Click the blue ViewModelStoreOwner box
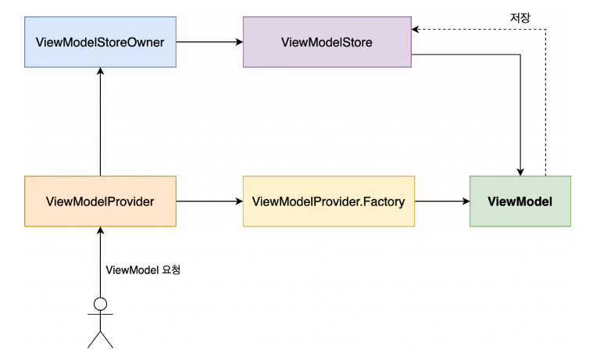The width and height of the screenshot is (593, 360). pyautogui.click(x=100, y=41)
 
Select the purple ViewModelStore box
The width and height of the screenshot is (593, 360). pyautogui.click(x=327, y=41)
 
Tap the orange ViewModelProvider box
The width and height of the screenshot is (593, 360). pyautogui.click(x=100, y=201)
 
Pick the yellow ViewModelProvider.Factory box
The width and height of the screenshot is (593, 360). pyautogui.click(x=328, y=201)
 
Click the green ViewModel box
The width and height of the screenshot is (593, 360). pyautogui.click(x=520, y=201)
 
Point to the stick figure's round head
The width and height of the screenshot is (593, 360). pyautogui.click(x=100, y=304)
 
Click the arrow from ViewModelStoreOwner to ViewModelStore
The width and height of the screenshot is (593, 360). pyautogui.click(x=209, y=41)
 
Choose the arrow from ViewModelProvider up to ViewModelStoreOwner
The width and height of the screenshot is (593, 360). pyautogui.click(x=100, y=121)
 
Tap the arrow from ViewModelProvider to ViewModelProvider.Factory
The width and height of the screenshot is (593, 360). pyautogui.click(x=209, y=201)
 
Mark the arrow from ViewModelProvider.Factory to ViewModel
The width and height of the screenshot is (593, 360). pyautogui.click(x=441, y=201)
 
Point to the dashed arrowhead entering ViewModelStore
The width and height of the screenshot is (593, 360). pyautogui.click(x=417, y=29)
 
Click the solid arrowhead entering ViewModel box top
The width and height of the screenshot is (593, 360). pyautogui.click(x=520, y=171)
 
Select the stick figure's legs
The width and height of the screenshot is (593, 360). pyautogui.click(x=100, y=339)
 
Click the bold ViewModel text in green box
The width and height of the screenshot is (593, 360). pyautogui.click(x=520, y=201)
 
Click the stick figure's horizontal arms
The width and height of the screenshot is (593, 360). pyautogui.click(x=100, y=316)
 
